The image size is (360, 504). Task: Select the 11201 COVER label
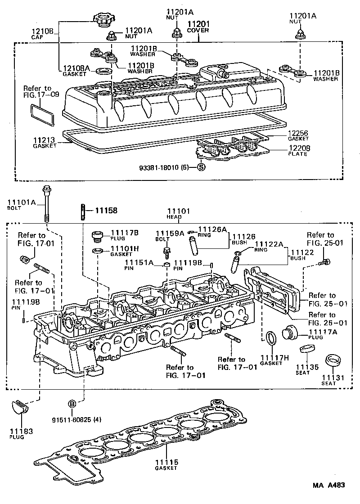pyautogui.click(x=198, y=27)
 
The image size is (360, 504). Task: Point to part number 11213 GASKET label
pyautogui.click(x=44, y=143)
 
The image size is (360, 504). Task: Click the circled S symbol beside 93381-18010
pyautogui.click(x=201, y=167)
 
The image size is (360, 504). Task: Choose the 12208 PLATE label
pyautogui.click(x=297, y=150)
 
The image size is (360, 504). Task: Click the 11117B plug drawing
pyautogui.click(x=97, y=235)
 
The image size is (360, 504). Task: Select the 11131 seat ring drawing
pyautogui.click(x=333, y=360)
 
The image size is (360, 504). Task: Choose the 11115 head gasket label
pyautogui.click(x=166, y=464)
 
